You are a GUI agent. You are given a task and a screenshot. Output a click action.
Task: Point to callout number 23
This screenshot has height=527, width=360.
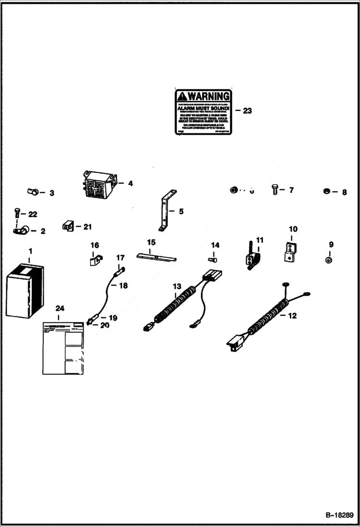click(247, 111)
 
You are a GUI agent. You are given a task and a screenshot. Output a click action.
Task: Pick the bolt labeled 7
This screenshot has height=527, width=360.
click(274, 189)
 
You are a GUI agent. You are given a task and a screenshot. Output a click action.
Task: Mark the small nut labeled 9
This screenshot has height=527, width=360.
click(327, 260)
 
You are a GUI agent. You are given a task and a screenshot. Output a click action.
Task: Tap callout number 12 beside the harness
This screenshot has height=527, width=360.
click(292, 316)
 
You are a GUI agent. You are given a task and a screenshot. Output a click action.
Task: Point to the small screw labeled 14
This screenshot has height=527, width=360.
click(213, 259)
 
